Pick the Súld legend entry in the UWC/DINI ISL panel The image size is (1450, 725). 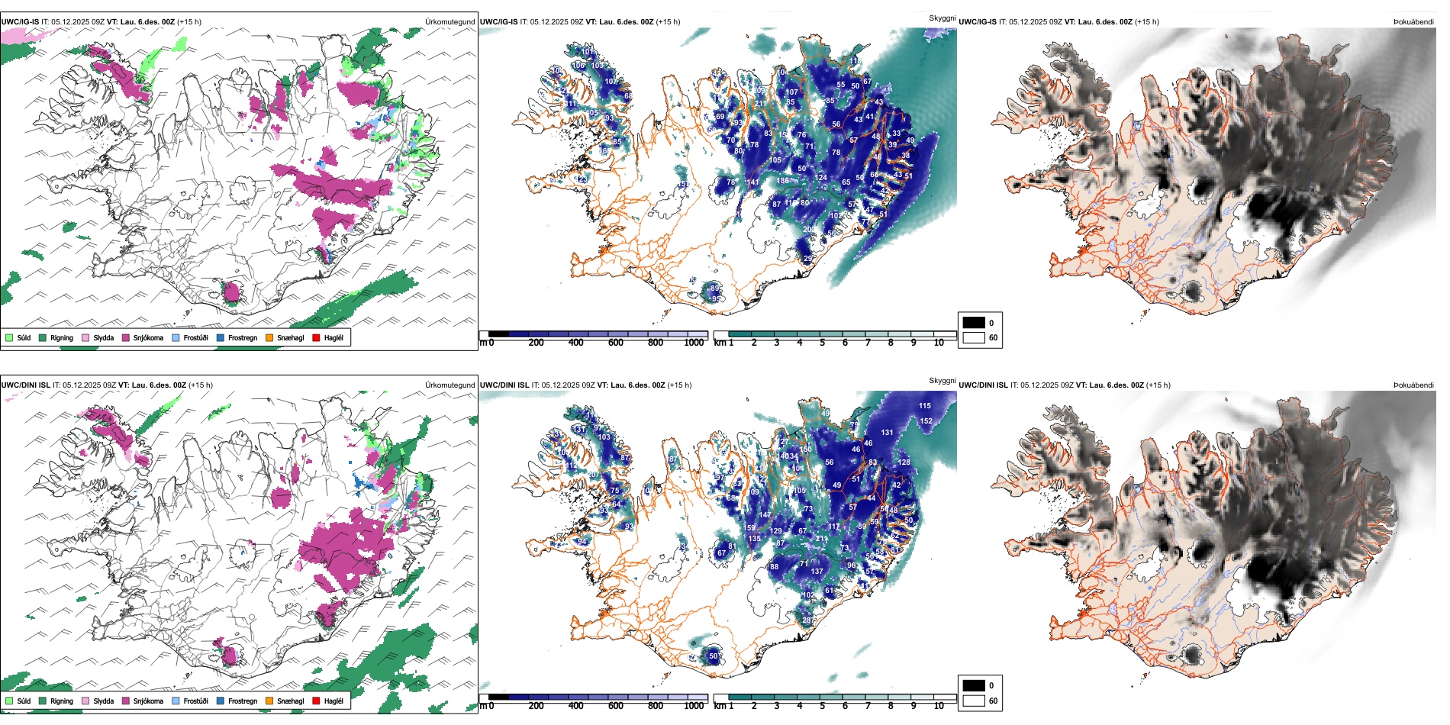pos(18,701)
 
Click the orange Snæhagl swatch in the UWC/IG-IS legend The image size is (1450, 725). pos(269,337)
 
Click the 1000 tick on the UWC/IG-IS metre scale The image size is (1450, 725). pos(694,343)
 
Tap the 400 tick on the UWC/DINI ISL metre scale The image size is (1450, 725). pos(575,706)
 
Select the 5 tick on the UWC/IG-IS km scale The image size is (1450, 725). pos(822,343)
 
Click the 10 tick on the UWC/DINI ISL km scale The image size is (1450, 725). pos(939,706)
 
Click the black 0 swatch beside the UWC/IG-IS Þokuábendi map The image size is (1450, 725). pos(974,322)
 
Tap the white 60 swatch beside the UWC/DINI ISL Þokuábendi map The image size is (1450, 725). pos(974,701)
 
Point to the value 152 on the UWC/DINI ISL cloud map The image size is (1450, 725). pos(926,420)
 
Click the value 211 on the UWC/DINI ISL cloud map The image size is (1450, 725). pos(821,539)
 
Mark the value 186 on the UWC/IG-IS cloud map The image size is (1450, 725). pos(783,181)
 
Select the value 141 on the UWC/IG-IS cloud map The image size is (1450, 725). pos(753,182)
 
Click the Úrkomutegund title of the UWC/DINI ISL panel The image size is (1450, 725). pos(449,385)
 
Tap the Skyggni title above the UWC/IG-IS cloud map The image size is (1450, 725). pos(942,18)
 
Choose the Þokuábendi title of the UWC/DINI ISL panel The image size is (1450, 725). pos(1413,385)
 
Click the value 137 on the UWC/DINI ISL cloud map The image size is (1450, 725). pos(817,571)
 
